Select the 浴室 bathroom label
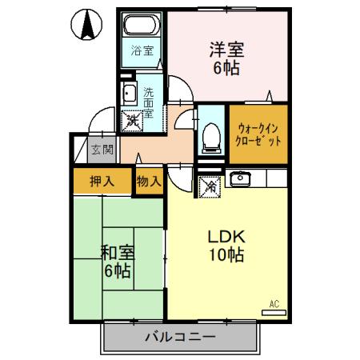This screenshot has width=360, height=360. point(144,57)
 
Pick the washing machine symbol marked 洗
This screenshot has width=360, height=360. point(129,122)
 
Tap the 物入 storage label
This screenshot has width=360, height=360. point(149,181)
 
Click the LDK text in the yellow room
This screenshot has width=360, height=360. point(226,238)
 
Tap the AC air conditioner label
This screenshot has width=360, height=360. point(274,303)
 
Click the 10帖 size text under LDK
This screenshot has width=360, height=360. point(226,257)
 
